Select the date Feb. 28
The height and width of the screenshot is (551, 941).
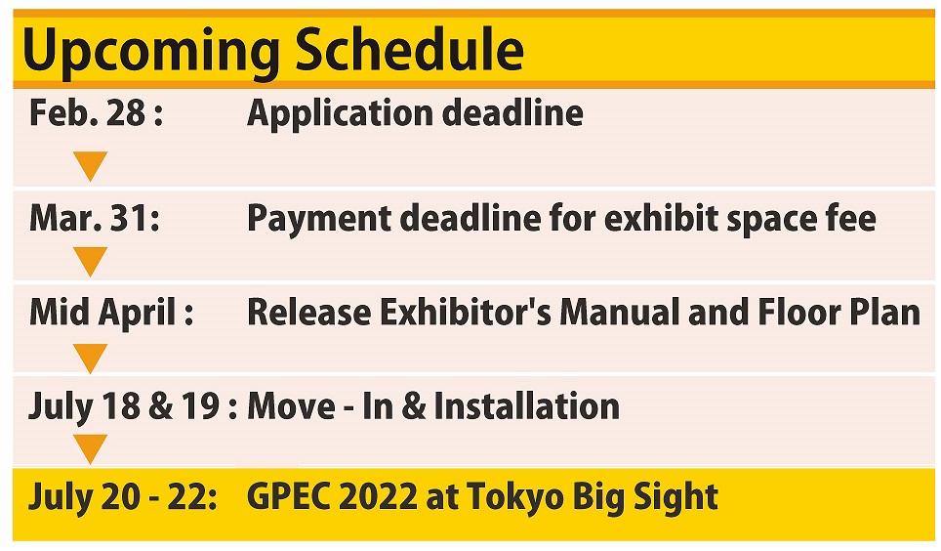coord(87,112)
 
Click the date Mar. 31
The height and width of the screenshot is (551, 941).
coord(88,218)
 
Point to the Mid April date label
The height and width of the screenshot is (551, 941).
coord(102,313)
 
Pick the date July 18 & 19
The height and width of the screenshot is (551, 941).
coord(124,406)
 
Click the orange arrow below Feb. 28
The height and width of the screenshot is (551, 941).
coord(91,166)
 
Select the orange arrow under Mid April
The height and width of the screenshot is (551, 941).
coord(91,359)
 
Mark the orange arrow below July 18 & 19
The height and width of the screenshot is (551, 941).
coord(91,448)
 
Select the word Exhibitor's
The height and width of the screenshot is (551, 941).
coord(465,313)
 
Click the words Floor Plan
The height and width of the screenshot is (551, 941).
coord(839,313)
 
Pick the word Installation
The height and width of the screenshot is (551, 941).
coord(526,406)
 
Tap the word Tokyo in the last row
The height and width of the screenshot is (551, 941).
coord(514,498)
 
